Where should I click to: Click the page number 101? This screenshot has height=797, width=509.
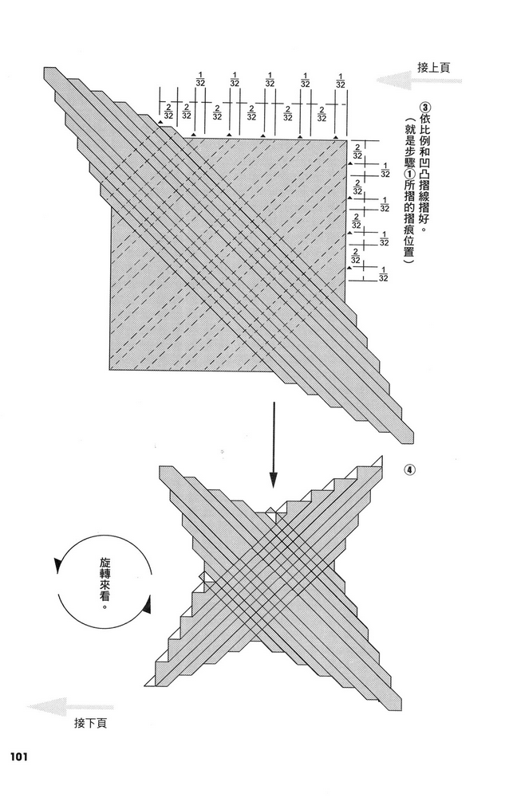pyautogui.click(x=18, y=756)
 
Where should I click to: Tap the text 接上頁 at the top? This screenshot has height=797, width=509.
pyautogui.click(x=433, y=68)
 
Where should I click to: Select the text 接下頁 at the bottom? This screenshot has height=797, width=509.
pyautogui.click(x=90, y=723)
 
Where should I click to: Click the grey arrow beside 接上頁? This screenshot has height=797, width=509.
pyautogui.click(x=419, y=80)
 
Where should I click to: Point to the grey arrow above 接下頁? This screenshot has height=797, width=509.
pyautogui.click(x=70, y=707)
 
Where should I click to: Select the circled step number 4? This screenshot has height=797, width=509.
pyautogui.click(x=410, y=469)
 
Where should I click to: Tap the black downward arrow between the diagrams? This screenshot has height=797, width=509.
pyautogui.click(x=274, y=445)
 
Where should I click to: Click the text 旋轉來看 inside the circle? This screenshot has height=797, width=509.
pyautogui.click(x=105, y=583)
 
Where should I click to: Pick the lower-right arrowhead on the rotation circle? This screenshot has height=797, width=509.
pyautogui.click(x=147, y=604)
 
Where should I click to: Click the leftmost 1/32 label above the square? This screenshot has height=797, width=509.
pyautogui.click(x=199, y=80)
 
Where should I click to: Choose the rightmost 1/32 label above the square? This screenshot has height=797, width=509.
pyautogui.click(x=340, y=80)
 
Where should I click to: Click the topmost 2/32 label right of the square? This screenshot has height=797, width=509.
pyautogui.click(x=357, y=151)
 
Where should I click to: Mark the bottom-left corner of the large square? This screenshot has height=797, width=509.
pyautogui.click(x=110, y=370)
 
